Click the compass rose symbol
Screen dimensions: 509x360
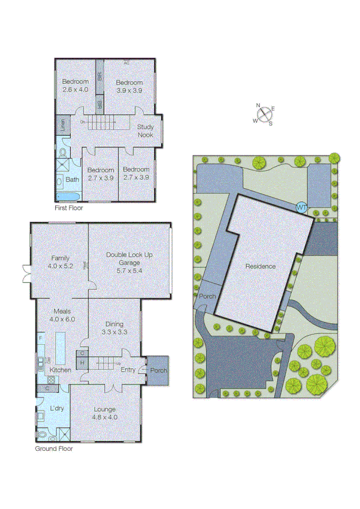tap(264, 115)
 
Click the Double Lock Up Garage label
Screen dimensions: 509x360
tap(129, 258)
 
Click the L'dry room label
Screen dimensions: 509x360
tap(57, 408)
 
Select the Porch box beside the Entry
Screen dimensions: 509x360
tap(158, 370)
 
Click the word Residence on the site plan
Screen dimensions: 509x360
tap(261, 266)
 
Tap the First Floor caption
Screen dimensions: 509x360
tap(68, 209)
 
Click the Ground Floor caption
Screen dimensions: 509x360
tap(54, 448)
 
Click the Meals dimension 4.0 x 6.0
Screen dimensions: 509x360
tap(63, 320)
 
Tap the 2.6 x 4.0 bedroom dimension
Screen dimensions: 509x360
tap(75, 89)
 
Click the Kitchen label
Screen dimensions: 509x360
tap(60, 370)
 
